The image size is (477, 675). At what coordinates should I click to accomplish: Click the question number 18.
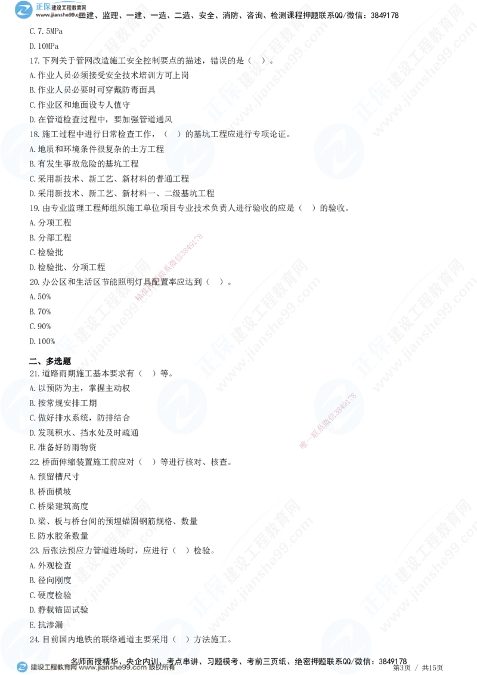pyautogui.click(x=33, y=134)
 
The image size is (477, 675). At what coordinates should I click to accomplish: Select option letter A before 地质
pyautogui.click(x=32, y=149)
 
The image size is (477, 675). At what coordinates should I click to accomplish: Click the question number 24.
pyautogui.click(x=33, y=639)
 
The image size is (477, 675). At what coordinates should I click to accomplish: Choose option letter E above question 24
pyautogui.click(x=32, y=624)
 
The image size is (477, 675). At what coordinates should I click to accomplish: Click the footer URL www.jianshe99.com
pyautogui.click(x=113, y=668)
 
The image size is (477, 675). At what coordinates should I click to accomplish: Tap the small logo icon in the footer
pyautogui.click(x=22, y=667)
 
